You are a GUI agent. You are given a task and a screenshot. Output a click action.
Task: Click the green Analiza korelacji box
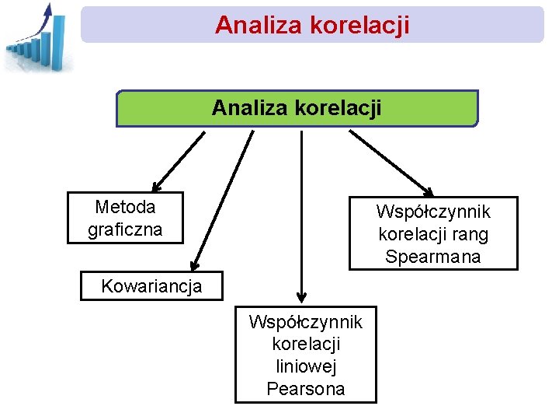coord(297,108)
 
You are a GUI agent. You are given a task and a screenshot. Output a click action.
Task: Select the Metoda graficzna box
coord(125,218)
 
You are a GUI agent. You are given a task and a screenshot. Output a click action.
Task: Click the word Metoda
coord(125,207)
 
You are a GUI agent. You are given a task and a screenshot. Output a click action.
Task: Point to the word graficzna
coord(125,229)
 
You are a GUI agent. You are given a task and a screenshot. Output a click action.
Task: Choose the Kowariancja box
coord(151,285)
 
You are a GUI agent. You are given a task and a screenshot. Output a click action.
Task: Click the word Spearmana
coord(432,257)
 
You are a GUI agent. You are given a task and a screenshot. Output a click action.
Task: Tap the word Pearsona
coord(305,389)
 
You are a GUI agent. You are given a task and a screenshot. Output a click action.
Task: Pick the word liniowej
coord(305,366)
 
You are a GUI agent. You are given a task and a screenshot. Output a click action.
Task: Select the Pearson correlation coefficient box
coord(305,355)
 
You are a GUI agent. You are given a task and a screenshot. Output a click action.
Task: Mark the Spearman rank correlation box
coord(432,233)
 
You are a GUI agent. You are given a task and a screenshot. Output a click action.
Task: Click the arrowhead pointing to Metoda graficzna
coord(156,187)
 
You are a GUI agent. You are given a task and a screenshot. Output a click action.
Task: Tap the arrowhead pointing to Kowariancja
coord(195,265)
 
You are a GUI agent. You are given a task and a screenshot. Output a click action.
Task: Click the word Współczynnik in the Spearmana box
coord(432,212)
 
